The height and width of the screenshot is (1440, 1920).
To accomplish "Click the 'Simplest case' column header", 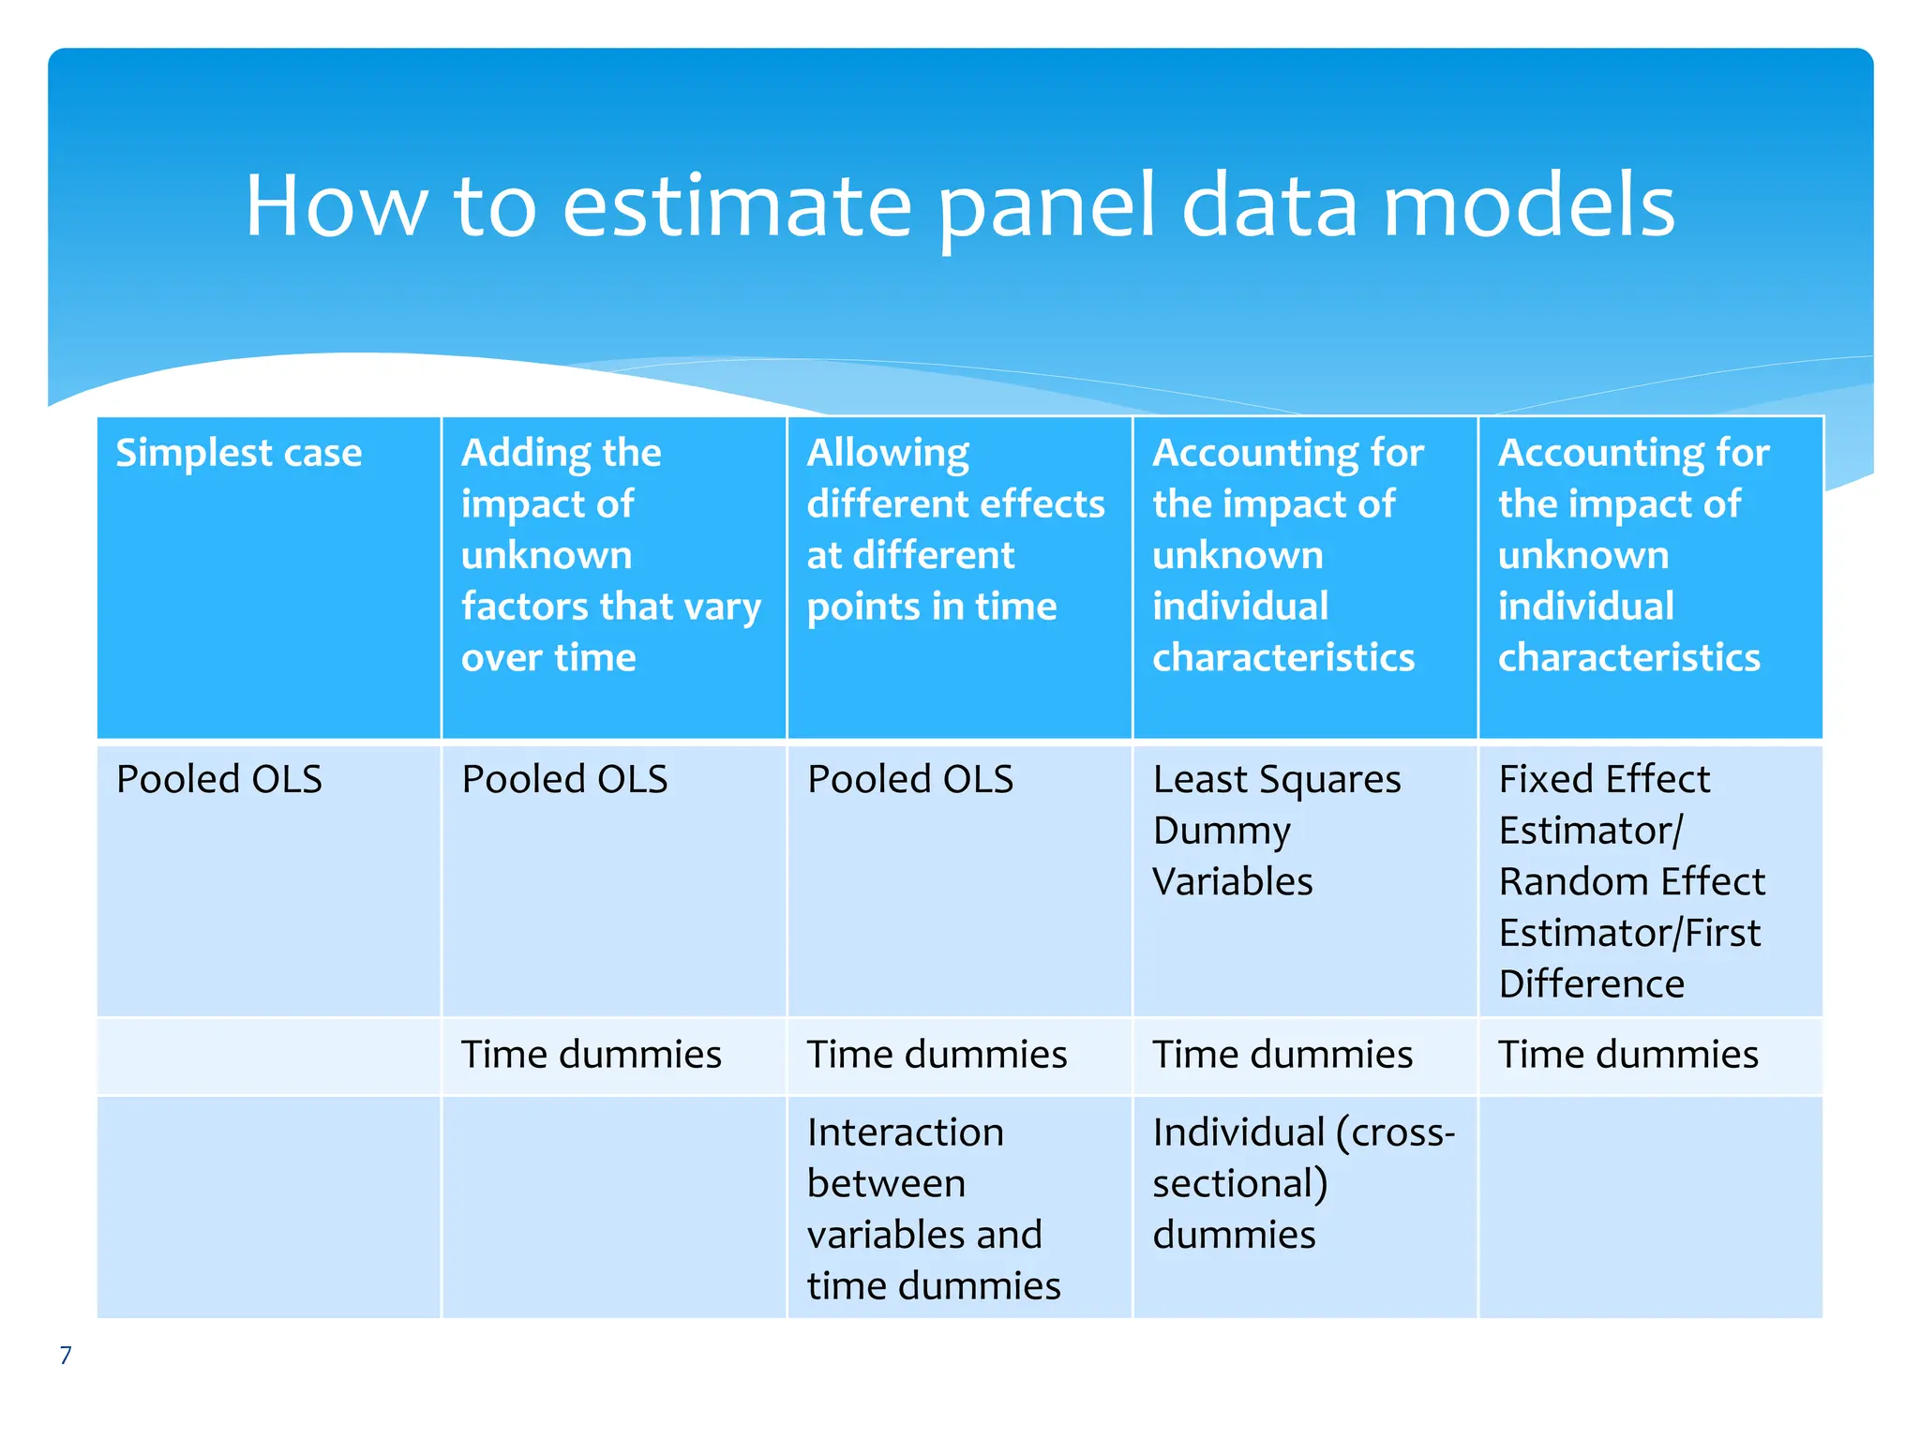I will [238, 454].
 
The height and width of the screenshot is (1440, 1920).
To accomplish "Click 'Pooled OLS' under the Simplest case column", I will [218, 780].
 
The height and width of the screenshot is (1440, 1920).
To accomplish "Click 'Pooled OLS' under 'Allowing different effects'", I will [909, 780].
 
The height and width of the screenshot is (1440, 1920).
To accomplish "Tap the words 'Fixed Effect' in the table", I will [1603, 780].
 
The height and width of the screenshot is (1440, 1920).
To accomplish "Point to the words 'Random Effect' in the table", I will [1631, 882].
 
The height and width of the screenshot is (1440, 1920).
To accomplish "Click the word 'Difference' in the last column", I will [1591, 984].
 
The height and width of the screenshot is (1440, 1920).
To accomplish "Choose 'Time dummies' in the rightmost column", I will [1627, 1055].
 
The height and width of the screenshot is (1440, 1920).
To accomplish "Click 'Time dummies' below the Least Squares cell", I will [1282, 1055].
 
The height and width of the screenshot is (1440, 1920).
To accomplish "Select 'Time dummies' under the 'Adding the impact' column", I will [591, 1055].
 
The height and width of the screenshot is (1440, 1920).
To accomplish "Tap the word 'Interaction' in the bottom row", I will [905, 1132].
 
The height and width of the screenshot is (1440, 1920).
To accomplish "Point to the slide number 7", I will [66, 1356].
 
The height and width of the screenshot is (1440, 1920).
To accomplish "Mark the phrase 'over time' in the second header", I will [548, 658].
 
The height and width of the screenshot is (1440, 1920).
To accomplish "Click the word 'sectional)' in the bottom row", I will [1239, 1184].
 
